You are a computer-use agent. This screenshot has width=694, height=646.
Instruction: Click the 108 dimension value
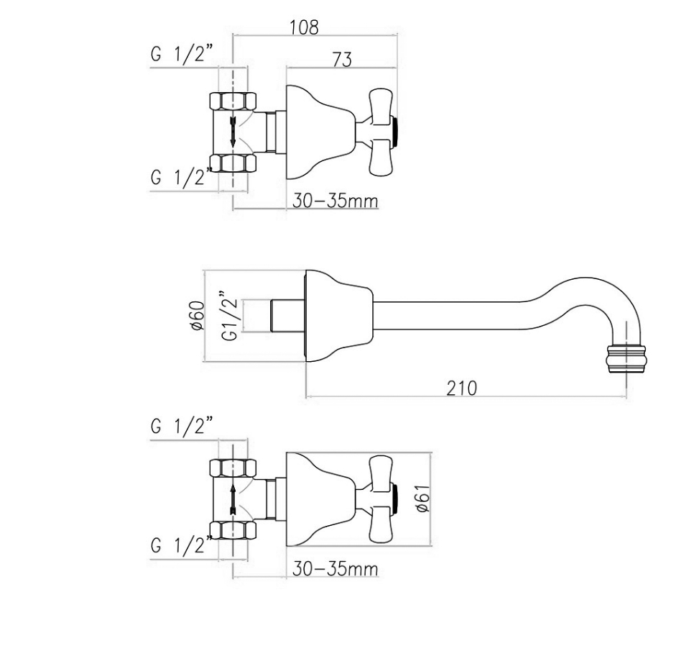pos(304,27)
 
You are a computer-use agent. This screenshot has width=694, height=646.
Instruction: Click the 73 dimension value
pos(342,60)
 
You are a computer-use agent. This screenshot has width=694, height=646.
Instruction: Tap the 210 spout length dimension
pos(462,388)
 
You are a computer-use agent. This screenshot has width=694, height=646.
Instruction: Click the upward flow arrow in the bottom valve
pos(233,499)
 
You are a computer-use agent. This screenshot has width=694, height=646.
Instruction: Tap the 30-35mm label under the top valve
pos(335,201)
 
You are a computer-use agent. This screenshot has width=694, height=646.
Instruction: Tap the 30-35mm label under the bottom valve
pos(335,568)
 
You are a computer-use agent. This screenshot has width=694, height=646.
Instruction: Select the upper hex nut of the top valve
pos(233,101)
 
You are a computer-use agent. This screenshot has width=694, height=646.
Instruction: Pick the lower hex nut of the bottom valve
pos(233,531)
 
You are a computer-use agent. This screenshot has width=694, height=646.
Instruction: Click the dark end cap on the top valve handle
pos(397,131)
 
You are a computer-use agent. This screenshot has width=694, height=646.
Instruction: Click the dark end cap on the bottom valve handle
pos(397,499)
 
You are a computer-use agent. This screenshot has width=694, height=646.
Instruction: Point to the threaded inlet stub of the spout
pos(287,316)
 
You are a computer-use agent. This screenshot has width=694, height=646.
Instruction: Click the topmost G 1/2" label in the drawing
pos(182,55)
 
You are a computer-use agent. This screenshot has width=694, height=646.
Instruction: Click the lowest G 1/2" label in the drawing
pos(182,545)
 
